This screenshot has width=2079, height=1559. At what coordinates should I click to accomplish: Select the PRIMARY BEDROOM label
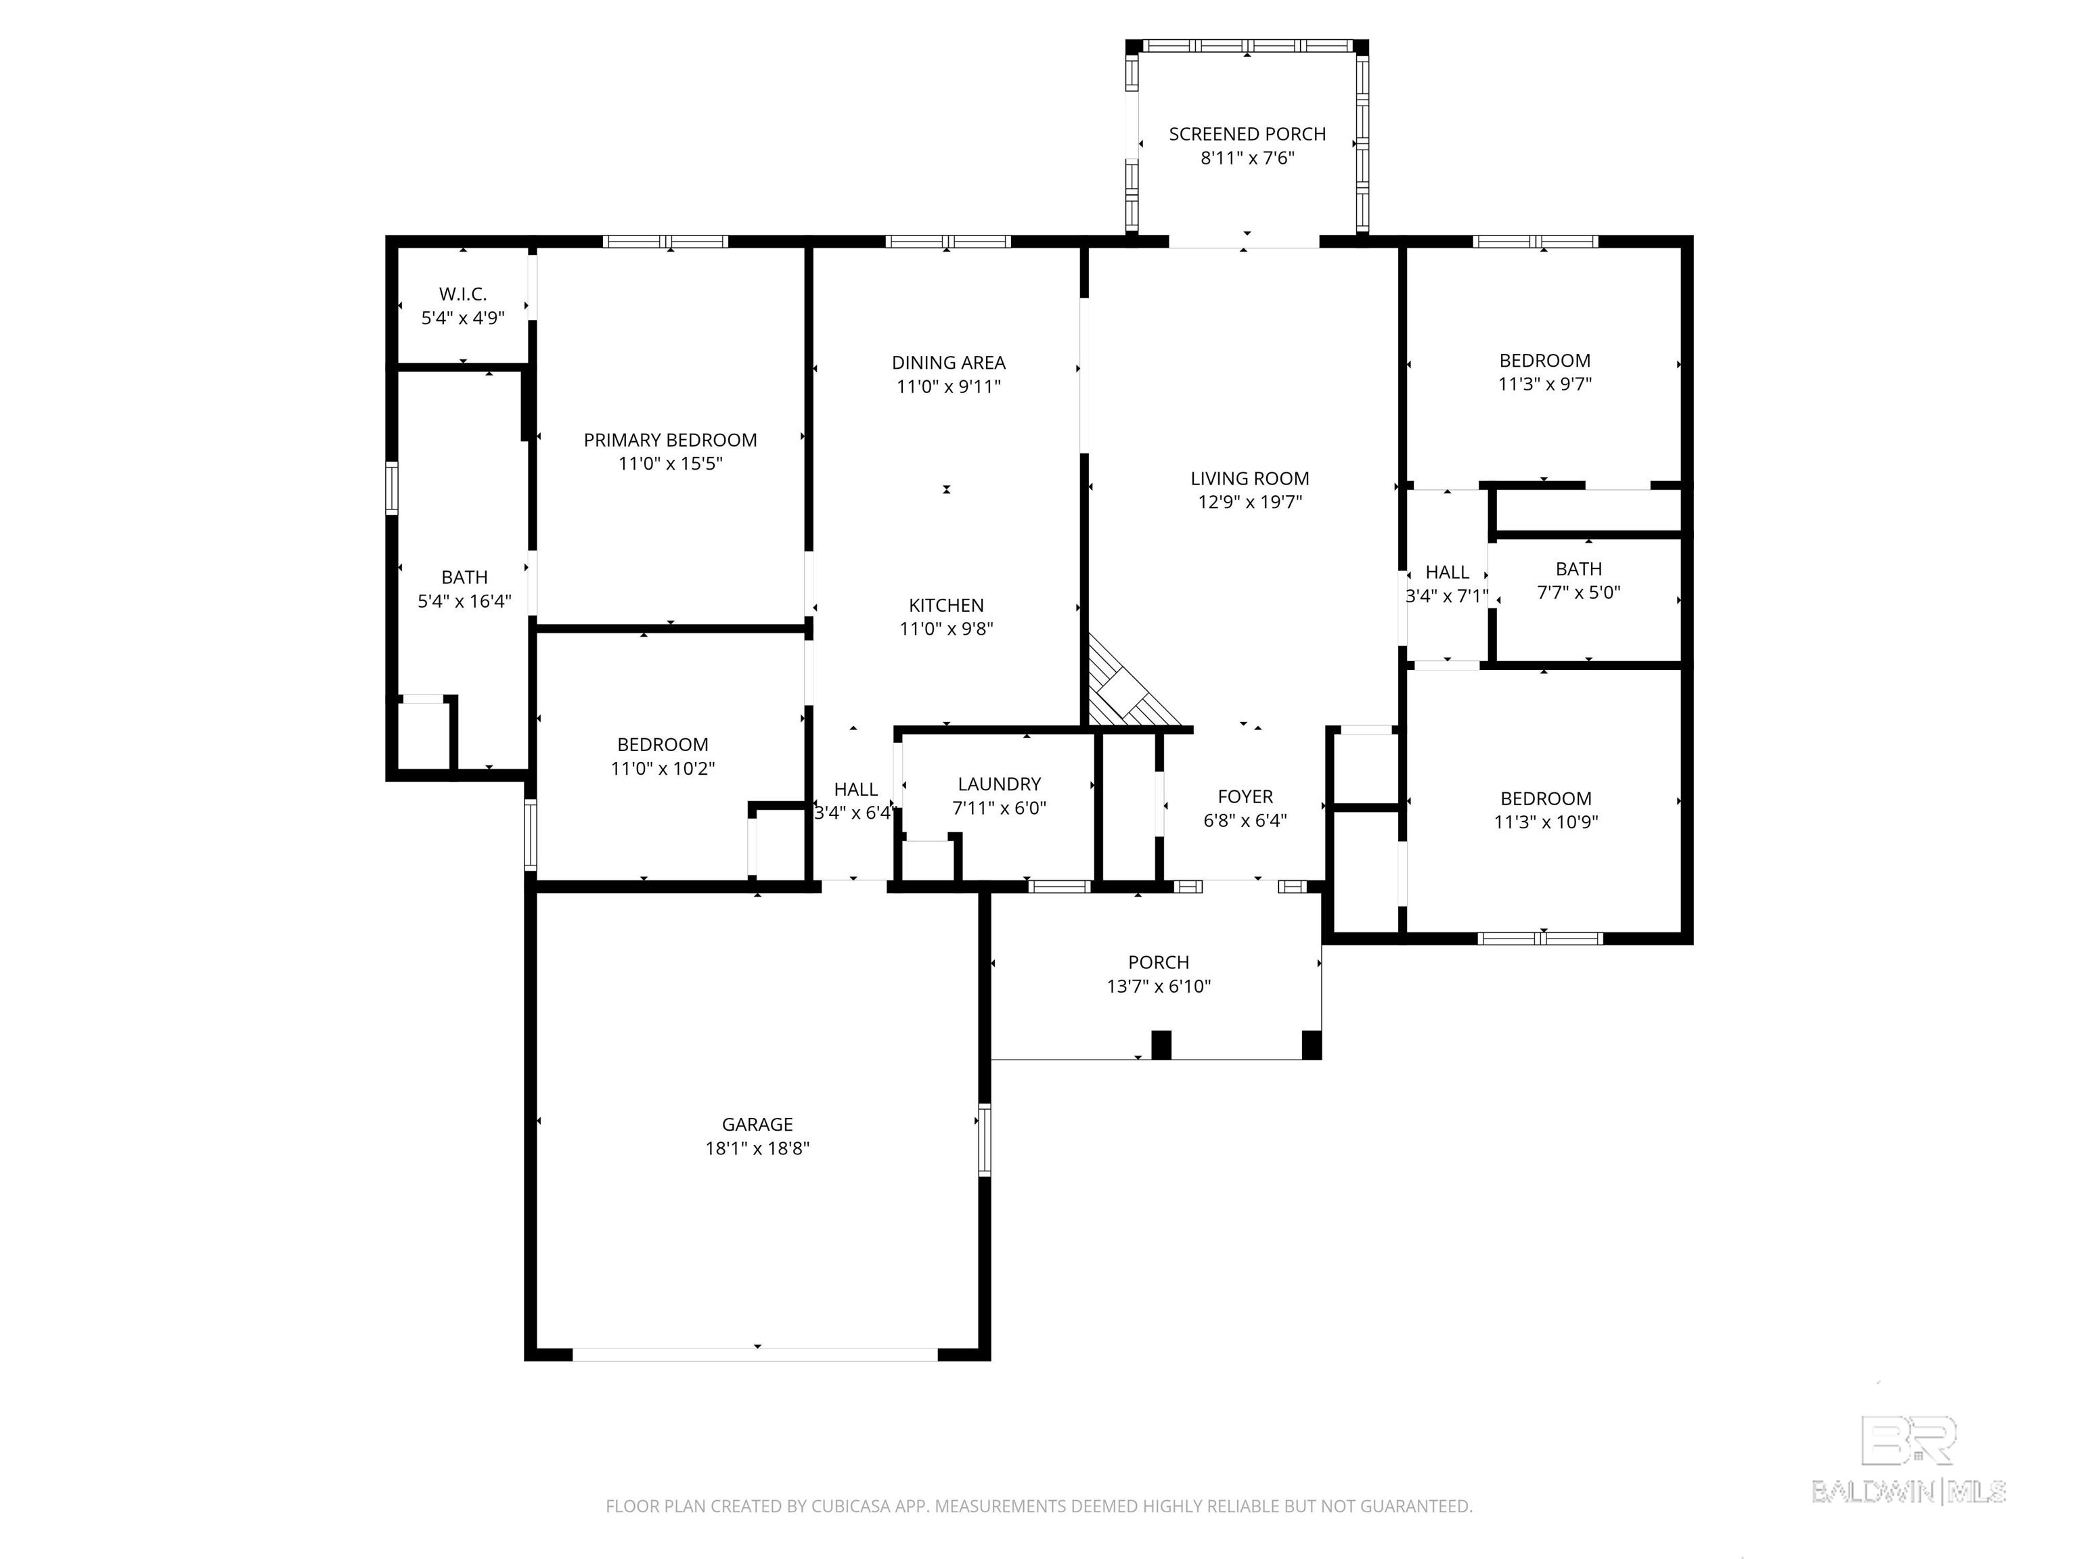click(670, 440)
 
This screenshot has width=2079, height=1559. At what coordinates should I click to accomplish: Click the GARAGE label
click(757, 1124)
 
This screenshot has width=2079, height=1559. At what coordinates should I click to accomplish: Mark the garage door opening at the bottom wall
click(756, 1354)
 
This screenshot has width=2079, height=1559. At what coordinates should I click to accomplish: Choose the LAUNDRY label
click(999, 784)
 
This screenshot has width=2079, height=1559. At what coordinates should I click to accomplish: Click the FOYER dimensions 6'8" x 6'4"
click(1245, 820)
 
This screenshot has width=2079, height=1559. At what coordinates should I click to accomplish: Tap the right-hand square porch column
click(1311, 1045)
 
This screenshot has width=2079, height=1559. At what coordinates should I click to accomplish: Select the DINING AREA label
click(948, 363)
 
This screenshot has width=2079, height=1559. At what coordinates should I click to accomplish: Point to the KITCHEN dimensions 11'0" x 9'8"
click(947, 629)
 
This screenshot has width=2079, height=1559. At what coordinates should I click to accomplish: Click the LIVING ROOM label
click(1249, 478)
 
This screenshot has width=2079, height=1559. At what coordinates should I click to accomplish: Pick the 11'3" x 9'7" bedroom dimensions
click(1544, 384)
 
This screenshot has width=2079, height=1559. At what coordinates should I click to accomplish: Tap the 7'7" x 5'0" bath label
click(1578, 568)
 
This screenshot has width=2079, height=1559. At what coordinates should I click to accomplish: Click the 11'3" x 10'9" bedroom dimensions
click(1546, 822)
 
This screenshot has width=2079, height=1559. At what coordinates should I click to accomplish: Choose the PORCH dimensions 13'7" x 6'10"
click(1158, 987)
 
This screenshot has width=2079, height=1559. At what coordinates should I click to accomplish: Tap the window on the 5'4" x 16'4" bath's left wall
click(392, 488)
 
